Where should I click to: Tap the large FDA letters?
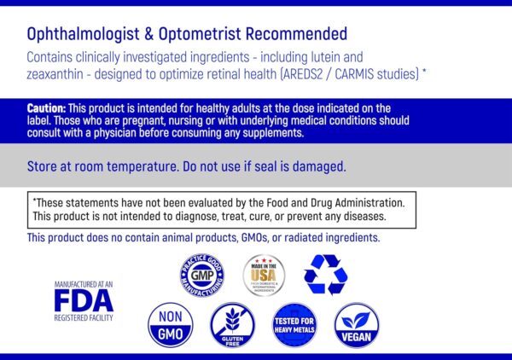(x=83, y=301)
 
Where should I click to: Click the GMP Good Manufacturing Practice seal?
(x=202, y=276)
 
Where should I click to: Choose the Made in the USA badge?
(x=264, y=275)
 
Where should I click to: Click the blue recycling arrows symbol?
(x=326, y=275)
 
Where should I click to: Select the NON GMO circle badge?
(x=170, y=324)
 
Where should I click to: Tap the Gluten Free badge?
(x=232, y=324)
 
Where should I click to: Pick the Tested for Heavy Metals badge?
(x=294, y=324)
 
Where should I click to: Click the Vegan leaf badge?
(x=356, y=324)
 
